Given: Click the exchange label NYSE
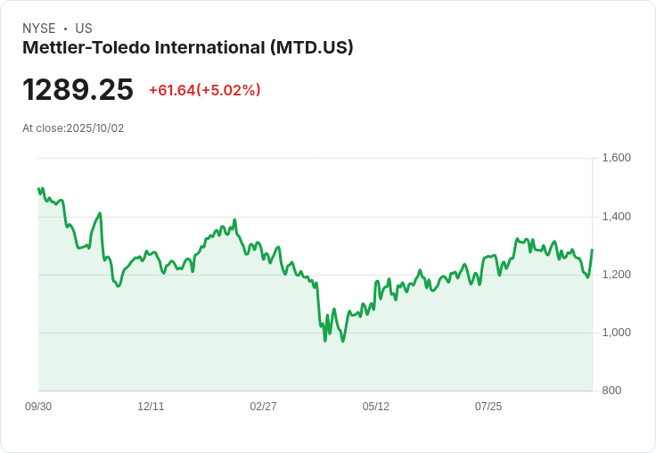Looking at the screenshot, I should coord(38,29).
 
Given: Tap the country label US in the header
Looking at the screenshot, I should coord(84,29).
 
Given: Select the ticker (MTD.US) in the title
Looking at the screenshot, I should coord(311,47).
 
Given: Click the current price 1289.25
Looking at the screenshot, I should coord(78,90).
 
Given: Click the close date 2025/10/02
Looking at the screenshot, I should coord(95,128).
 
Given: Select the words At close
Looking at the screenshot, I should coord(42,128).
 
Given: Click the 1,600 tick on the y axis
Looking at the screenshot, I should coord(616,158).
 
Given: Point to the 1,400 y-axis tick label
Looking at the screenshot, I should coord(616,217).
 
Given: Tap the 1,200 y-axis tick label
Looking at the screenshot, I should coord(616,275).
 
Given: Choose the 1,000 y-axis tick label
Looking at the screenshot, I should coord(616,333).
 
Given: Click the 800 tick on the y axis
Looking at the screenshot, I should coord(611,391).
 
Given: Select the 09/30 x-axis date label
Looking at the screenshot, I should coord(38,407).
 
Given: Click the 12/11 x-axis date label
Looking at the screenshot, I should coord(151,407).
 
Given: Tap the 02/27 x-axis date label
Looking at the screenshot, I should coord(263,407).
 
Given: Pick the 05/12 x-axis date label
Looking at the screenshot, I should coord(376,407).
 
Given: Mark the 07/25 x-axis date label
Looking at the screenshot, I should coord(488,407).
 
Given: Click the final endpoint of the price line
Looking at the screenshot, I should coord(592,250).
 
